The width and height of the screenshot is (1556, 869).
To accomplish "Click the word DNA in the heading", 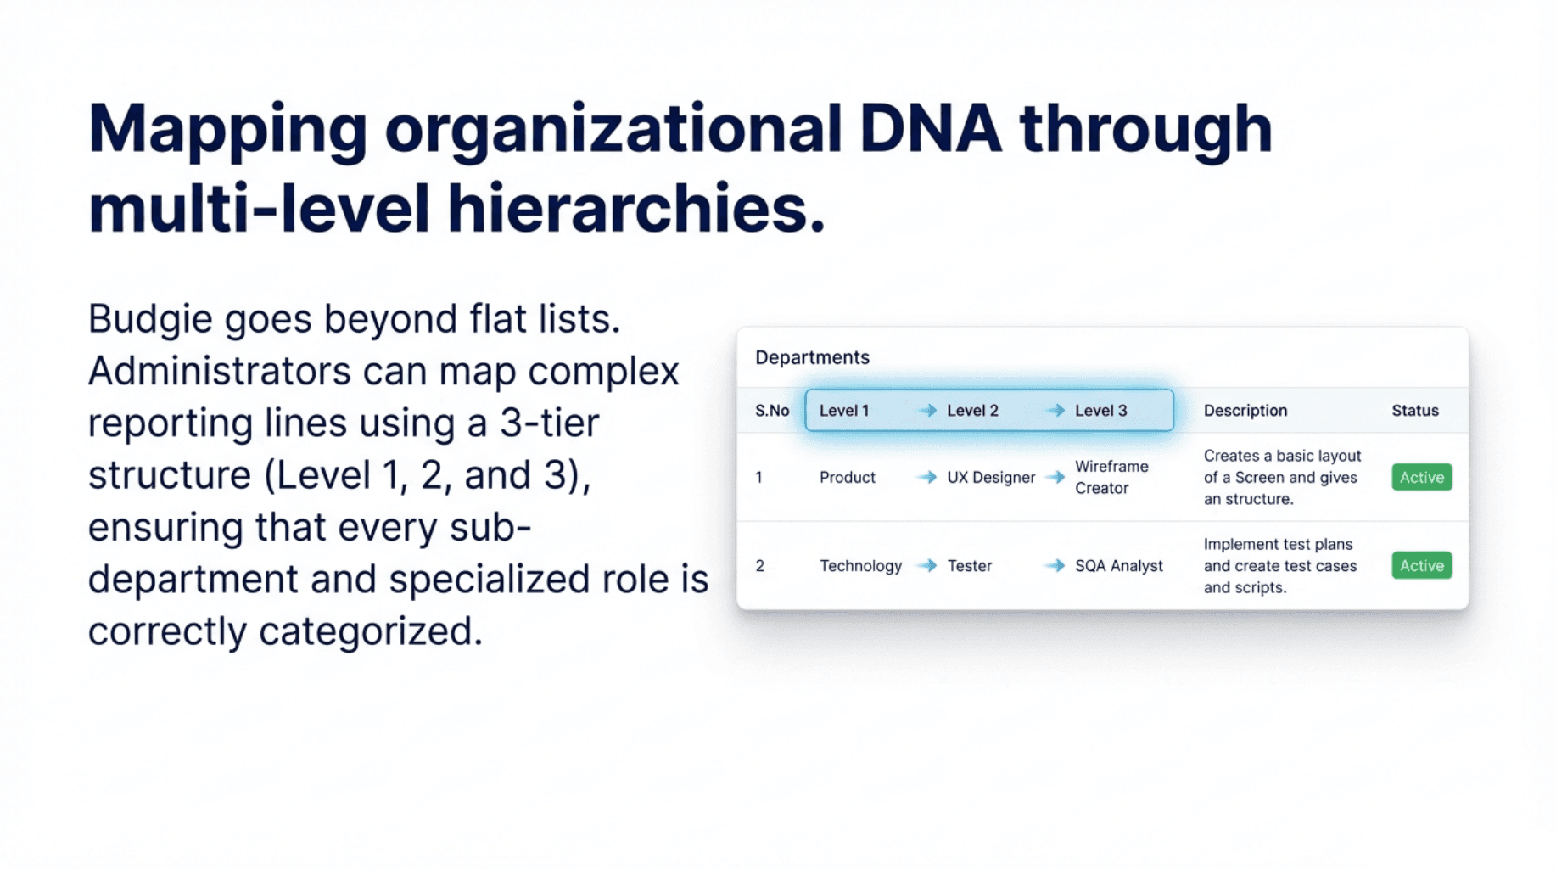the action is [x=930, y=129].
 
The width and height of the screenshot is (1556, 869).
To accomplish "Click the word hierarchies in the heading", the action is [x=636, y=209].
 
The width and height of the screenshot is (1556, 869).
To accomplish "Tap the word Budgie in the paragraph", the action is [x=150, y=321].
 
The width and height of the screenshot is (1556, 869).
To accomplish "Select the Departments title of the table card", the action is [x=812, y=358].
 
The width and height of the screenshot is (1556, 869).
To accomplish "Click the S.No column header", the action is [x=772, y=411].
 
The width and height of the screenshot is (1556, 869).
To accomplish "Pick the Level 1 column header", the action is [x=844, y=411].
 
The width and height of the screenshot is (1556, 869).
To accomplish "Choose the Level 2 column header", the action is [x=972, y=411].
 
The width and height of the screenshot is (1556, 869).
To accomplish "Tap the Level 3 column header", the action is [x=1100, y=411].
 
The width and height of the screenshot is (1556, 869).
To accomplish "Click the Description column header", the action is [x=1245, y=411].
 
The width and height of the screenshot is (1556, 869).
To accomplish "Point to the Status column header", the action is [x=1415, y=411].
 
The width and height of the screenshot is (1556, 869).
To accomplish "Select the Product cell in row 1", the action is [x=847, y=478].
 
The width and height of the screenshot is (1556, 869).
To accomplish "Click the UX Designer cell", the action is [x=991, y=478].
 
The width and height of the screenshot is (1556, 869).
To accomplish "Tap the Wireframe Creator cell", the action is [x=1111, y=477].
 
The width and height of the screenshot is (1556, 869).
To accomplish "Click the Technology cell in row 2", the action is [x=860, y=566].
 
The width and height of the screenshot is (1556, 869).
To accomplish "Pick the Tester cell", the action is [x=969, y=566].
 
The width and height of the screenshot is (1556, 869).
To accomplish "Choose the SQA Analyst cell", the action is [x=1119, y=566].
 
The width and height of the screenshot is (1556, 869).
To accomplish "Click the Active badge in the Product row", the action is [x=1422, y=478].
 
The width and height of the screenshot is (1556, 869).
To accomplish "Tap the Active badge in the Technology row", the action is [x=1422, y=566].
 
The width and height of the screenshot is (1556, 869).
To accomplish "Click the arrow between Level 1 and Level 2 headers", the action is [x=927, y=411].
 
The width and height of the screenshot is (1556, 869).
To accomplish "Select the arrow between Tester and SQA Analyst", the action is [x=1055, y=566].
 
